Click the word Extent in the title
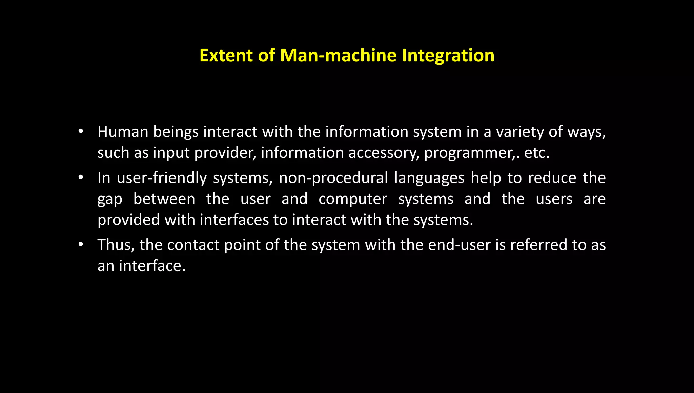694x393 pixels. click(226, 55)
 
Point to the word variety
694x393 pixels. click(520, 132)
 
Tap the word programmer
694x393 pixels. click(469, 153)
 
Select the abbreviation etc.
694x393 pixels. click(536, 153)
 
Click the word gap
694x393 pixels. click(110, 200)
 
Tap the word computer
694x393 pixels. click(353, 199)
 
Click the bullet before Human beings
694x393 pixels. click(80, 131)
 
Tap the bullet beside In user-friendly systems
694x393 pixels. click(80, 177)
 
